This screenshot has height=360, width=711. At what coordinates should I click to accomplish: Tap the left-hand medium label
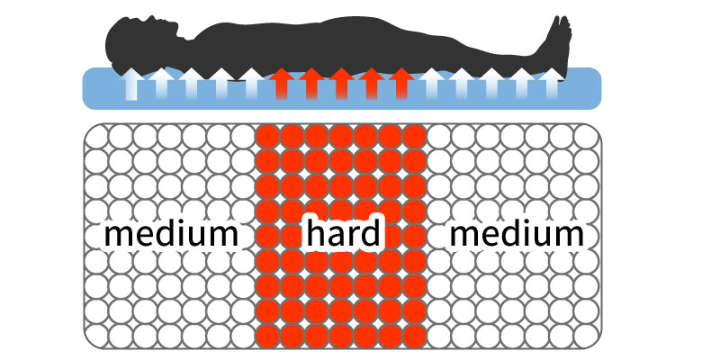171,234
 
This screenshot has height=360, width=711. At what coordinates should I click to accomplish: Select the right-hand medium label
517,234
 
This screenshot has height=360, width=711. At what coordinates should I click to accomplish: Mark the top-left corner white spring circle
96,138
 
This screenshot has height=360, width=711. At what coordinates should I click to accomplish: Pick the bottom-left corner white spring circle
96,335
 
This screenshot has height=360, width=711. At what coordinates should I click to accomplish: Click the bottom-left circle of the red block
268,335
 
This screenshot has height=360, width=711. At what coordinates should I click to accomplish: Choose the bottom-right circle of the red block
414,335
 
